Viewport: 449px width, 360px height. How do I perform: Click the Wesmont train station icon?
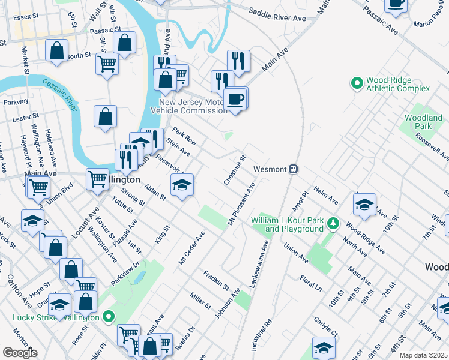point(293,169)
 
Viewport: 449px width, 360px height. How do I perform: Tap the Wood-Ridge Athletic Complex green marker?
point(357,83)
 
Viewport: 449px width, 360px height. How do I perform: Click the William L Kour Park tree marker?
point(333,224)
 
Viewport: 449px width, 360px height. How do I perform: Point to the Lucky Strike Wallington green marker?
point(109,316)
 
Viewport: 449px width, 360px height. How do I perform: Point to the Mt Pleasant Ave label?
point(241,205)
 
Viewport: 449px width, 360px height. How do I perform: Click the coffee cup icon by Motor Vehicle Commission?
point(235,99)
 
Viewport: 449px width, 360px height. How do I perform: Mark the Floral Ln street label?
point(311,283)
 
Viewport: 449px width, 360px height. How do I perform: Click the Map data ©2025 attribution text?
point(423,355)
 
